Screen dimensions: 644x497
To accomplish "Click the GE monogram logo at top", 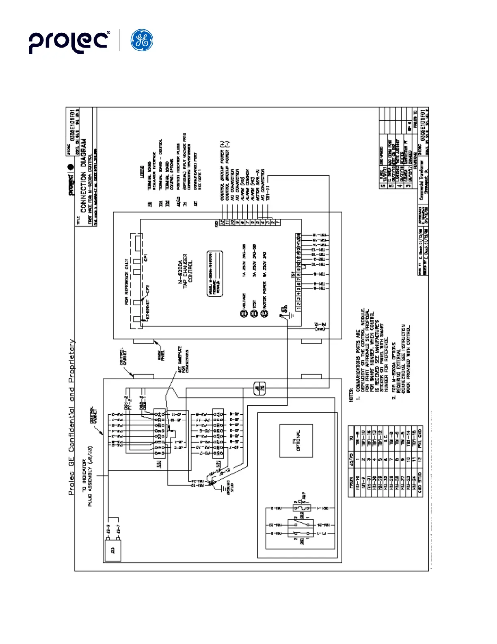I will (142, 40).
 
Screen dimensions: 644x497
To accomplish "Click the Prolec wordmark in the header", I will (69, 41).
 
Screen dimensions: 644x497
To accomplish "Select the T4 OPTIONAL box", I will (296, 441).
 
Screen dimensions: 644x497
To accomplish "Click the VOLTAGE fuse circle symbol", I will (244, 314).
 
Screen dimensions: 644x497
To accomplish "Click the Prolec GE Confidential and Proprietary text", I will (71, 417).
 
